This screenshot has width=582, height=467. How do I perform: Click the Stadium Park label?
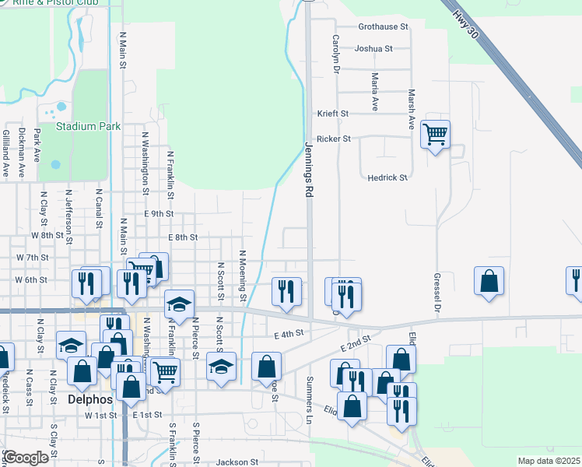pos(88,126)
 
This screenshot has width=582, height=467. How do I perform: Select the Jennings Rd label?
pos(309,168)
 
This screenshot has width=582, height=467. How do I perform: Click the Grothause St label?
pos(383,26)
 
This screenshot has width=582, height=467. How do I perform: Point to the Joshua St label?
pos(373,48)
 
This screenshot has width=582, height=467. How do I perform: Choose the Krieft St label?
pos(332,114)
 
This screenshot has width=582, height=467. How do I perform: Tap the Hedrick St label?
pos(387,177)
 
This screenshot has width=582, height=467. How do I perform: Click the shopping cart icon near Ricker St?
pos(435,135)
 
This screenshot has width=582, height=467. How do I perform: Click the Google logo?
pos(26,458)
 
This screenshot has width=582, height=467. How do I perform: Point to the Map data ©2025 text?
pos(548,461)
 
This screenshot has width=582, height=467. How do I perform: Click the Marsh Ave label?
pos(412,108)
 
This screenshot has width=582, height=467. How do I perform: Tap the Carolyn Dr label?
pos(337,54)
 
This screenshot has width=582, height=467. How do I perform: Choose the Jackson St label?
pos(237,462)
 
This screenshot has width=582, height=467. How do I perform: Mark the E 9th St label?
pos(158,213)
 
